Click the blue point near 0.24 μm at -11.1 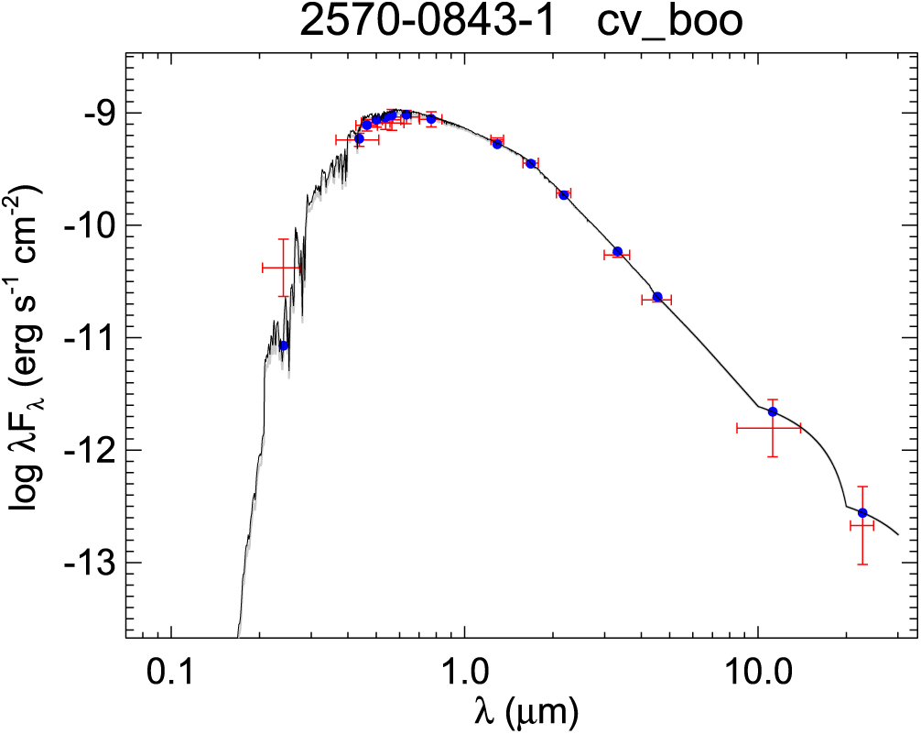click(x=284, y=345)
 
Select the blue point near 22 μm click(x=862, y=513)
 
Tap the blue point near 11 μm click(x=773, y=411)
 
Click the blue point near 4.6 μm click(x=657, y=297)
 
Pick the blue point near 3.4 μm click(x=618, y=251)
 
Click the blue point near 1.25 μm click(x=497, y=144)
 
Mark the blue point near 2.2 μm click(x=564, y=194)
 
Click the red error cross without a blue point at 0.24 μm click(x=282, y=267)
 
